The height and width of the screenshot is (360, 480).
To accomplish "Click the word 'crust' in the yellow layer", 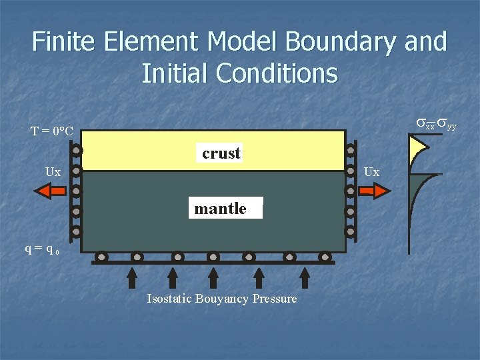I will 221,153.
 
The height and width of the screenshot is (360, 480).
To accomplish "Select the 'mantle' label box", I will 225,208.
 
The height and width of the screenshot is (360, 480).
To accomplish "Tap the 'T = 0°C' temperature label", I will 52,131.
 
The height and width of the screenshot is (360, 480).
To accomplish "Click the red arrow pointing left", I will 51,191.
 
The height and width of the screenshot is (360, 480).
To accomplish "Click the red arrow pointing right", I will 374,191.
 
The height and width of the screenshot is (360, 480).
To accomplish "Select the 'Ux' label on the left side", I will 53,172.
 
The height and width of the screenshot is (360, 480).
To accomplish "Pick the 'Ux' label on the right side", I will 371,172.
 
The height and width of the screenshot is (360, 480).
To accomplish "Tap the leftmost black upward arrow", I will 132,276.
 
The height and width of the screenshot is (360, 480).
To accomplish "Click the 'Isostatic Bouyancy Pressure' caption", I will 222,299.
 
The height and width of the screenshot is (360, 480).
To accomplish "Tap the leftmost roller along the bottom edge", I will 101,256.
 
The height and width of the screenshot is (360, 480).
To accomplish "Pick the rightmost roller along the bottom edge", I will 325,256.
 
